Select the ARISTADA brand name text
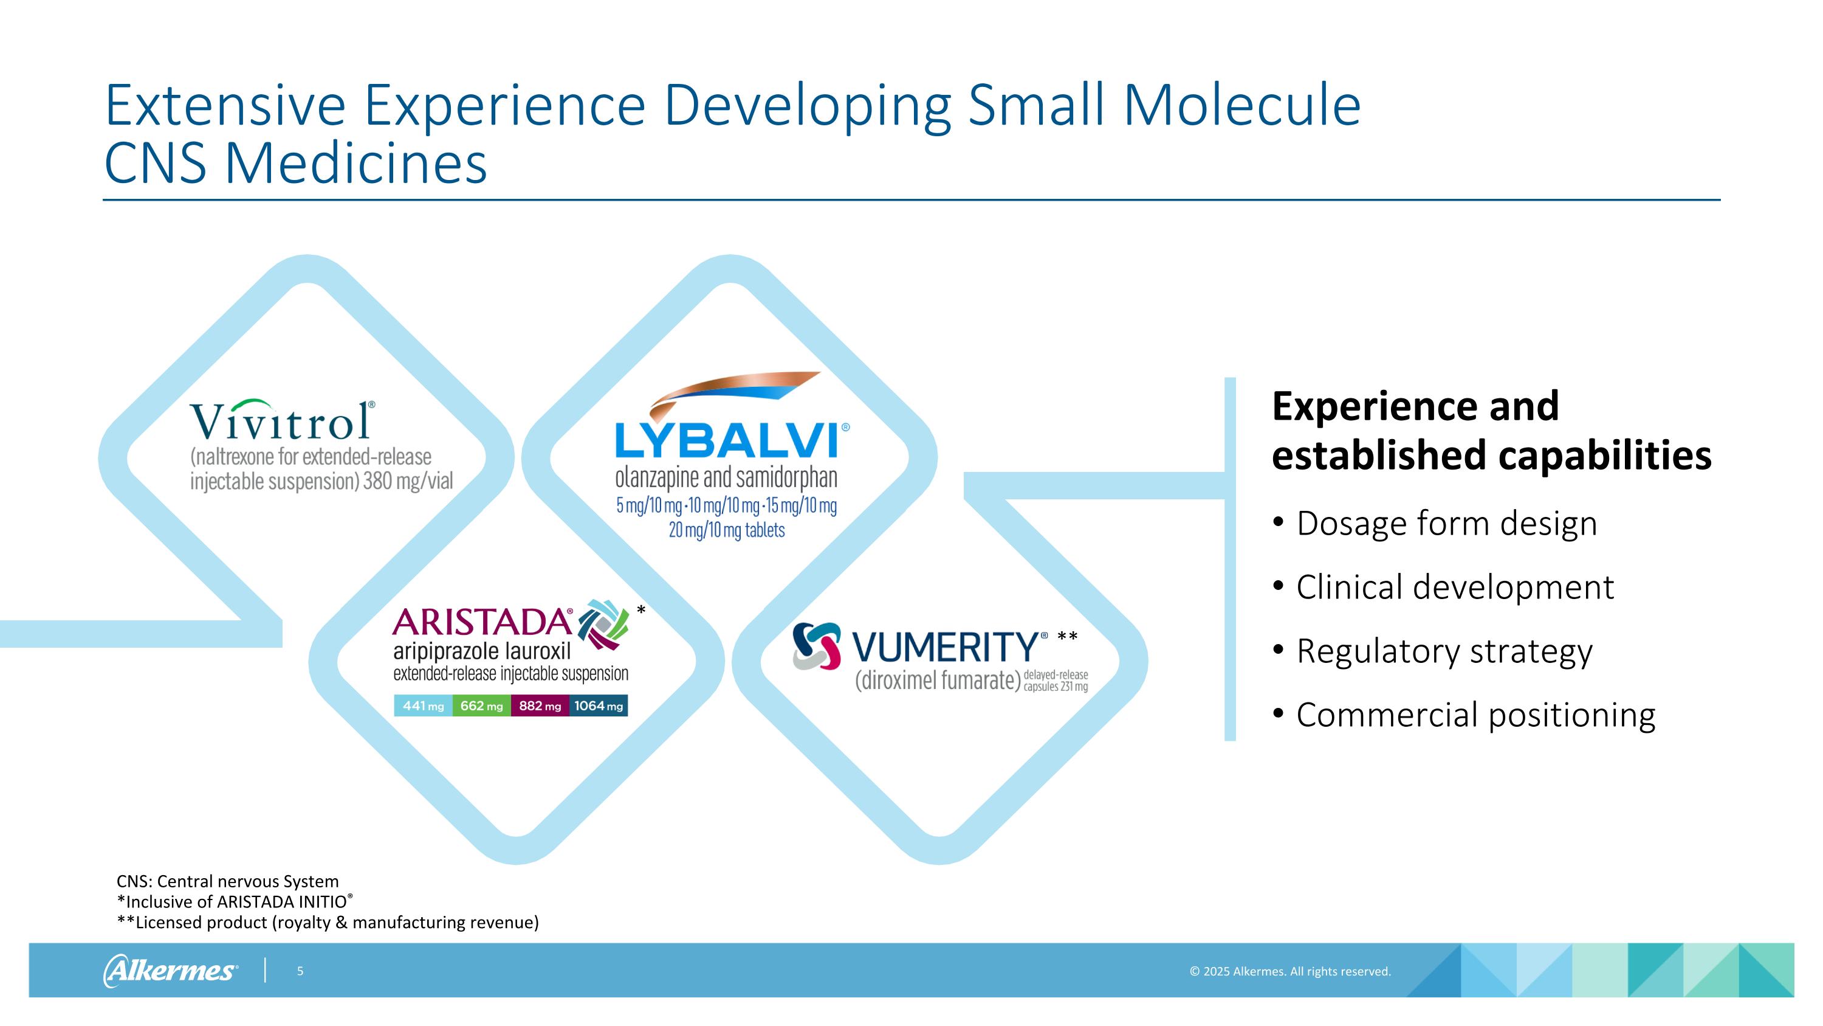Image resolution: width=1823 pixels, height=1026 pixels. click(x=482, y=622)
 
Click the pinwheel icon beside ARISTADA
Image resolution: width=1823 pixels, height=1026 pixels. click(x=602, y=624)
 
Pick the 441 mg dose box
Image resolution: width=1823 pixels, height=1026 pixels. click(x=423, y=706)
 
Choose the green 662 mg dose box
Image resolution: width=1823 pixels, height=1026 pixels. click(x=481, y=706)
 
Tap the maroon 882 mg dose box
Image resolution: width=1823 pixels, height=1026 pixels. click(x=540, y=706)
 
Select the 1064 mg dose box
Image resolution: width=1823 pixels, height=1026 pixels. click(x=599, y=706)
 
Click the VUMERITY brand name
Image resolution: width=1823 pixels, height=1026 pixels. click(x=945, y=646)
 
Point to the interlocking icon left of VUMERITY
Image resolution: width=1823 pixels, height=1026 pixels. click(x=817, y=646)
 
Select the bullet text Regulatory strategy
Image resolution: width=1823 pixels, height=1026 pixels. click(x=1444, y=651)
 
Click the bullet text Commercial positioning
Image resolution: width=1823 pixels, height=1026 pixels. click(x=1475, y=715)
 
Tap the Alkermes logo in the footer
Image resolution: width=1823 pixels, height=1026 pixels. click(x=171, y=971)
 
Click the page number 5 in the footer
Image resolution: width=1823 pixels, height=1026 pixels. click(x=300, y=971)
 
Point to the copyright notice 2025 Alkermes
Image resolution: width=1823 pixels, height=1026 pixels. click(x=1289, y=971)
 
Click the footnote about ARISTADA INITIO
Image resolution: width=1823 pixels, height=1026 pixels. click(x=234, y=902)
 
